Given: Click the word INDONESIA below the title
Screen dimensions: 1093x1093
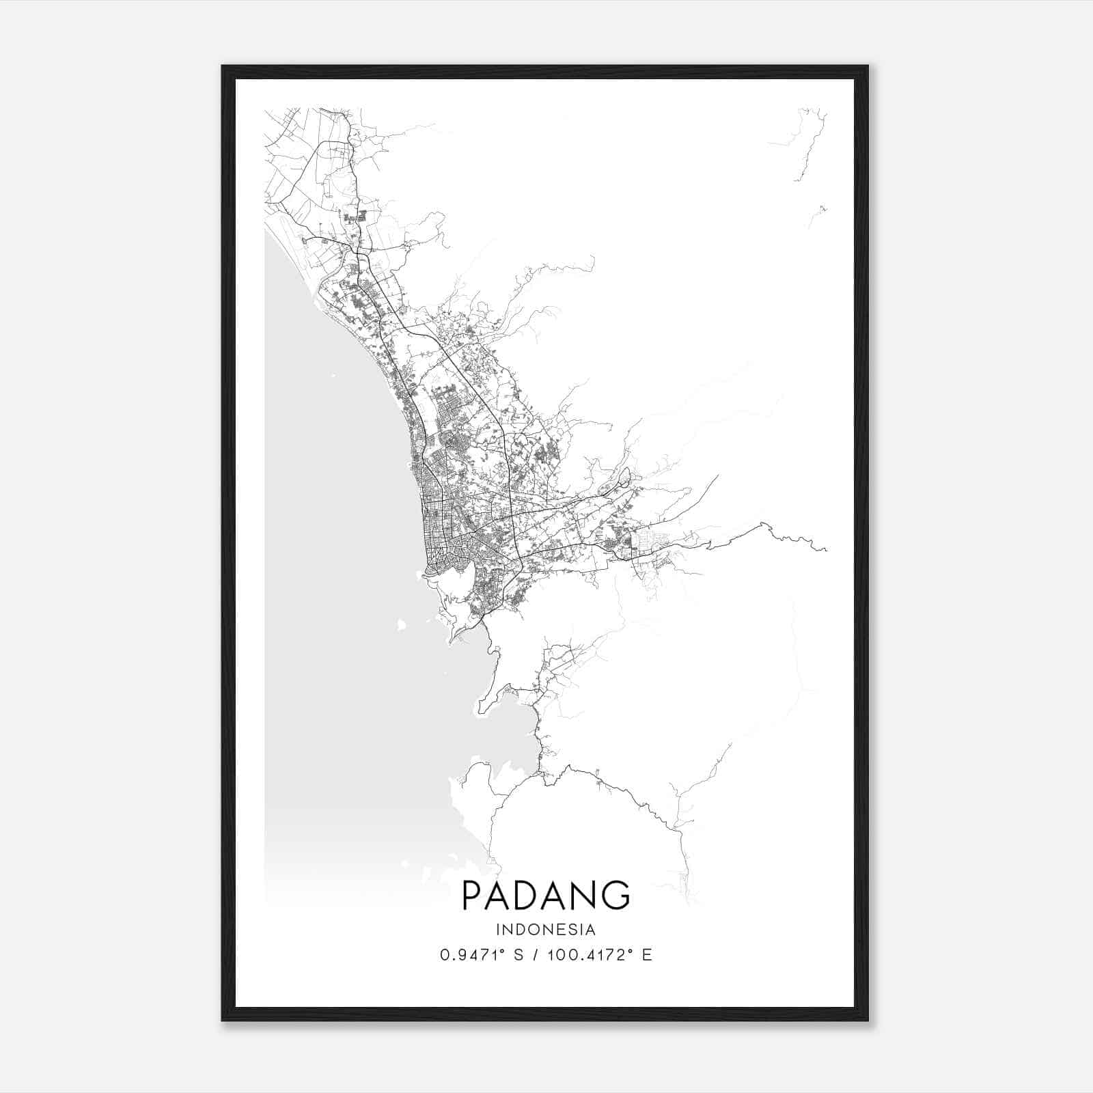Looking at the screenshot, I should pyautogui.click(x=546, y=930).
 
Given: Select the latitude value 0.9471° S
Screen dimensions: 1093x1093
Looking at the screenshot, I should pyautogui.click(x=481, y=955).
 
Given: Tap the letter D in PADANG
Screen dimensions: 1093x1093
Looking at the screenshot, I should pyautogui.click(x=525, y=896).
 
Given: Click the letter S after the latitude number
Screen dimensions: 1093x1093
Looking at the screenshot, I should pyautogui.click(x=518, y=955).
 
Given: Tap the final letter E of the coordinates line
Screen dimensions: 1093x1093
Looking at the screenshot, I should pyautogui.click(x=648, y=955).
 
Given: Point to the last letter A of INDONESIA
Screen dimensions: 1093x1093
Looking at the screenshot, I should pyautogui.click(x=590, y=930).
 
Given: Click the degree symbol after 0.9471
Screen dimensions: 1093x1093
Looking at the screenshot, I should pyautogui.click(x=504, y=951).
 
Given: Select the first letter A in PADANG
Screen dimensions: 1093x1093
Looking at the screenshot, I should pyautogui.click(x=497, y=896).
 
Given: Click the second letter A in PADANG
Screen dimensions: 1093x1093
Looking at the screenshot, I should pyautogui.click(x=552, y=896).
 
